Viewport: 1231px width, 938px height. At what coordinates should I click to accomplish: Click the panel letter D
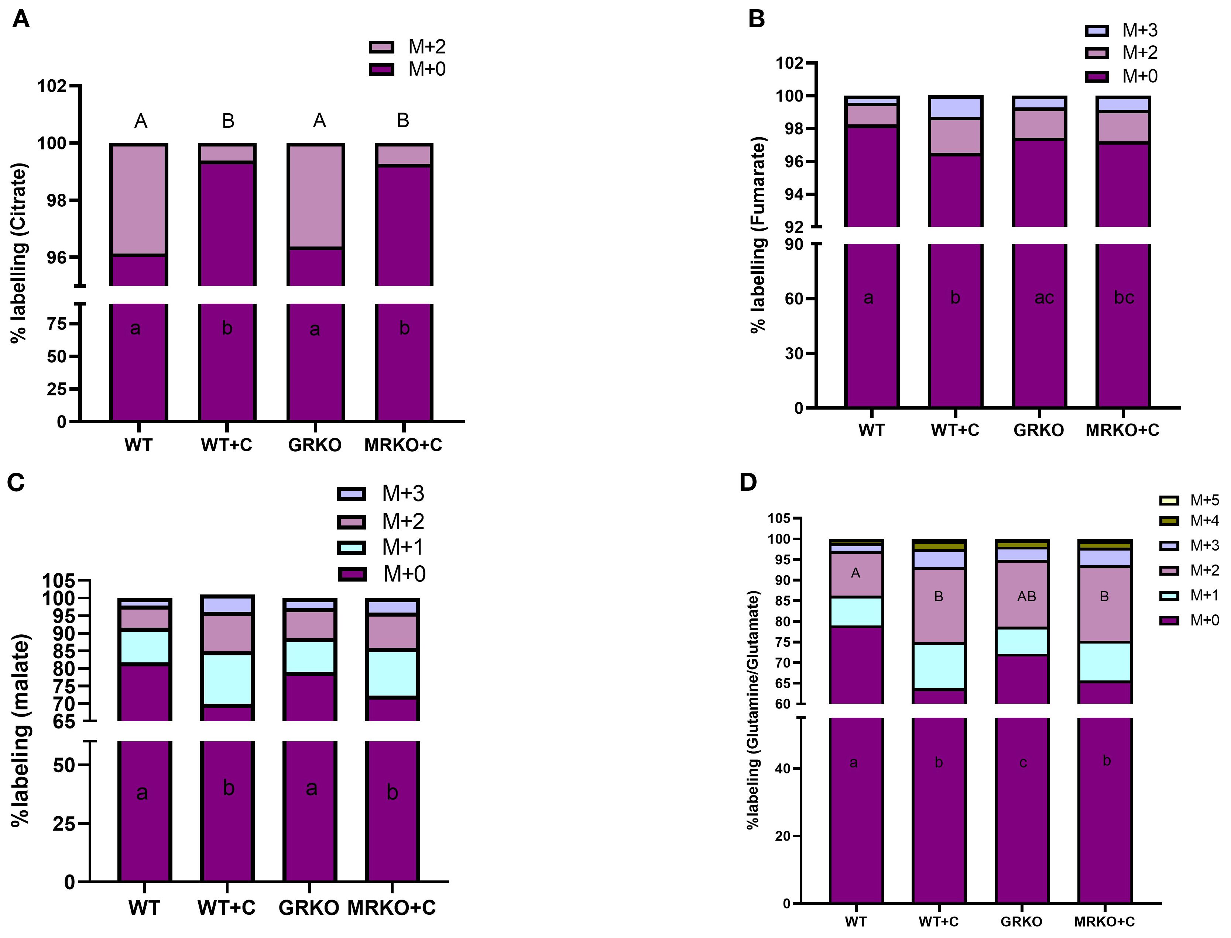pos(748,482)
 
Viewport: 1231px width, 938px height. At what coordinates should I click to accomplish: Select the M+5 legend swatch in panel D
pos(1170,500)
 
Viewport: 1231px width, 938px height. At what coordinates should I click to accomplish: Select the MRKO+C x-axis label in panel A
pos(403,445)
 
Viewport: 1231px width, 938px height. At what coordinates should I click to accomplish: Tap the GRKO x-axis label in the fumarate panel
pos(1038,430)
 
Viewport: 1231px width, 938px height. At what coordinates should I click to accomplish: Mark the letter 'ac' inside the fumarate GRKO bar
pos(1044,298)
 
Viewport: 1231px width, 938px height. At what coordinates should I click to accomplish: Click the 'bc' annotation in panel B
pos(1124,297)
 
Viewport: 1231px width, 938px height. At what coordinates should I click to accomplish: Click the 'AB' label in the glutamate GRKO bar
pos(1026,596)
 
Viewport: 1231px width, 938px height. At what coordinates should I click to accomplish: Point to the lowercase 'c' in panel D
pos(1023,763)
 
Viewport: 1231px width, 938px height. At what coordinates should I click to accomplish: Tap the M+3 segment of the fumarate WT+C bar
pos(955,107)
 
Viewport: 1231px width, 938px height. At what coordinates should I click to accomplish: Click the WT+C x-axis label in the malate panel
pos(226,907)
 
